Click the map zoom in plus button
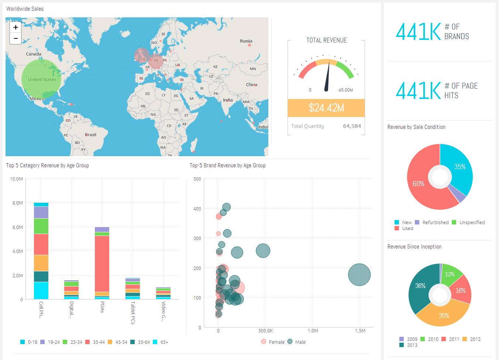pos(16,27)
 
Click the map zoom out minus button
pos(16,38)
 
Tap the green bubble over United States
pos(41,79)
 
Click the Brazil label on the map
pos(90,135)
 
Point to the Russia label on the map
pos(246,41)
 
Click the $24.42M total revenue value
pos(326,108)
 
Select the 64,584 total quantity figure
pos(352,126)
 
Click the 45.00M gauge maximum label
pos(345,90)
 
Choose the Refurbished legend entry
pos(435,222)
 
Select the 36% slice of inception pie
pos(420,286)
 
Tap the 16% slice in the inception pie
pos(460,291)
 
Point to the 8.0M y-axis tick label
pos(18,203)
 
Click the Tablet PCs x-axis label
pos(133,313)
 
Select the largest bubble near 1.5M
pos(359,275)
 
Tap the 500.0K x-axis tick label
pos(265,331)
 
